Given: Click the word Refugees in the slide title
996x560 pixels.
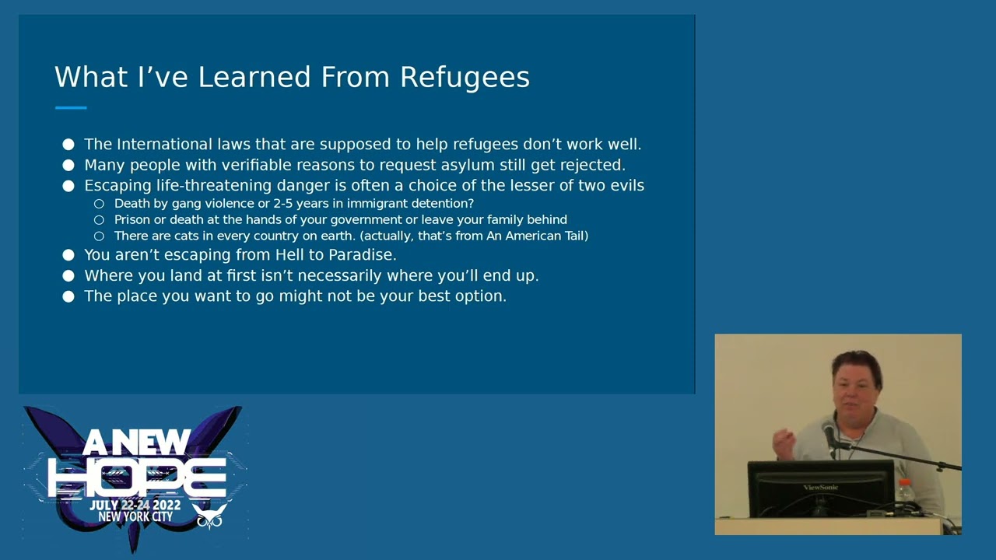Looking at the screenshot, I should (x=465, y=78).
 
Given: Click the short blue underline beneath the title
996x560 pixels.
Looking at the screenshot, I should (x=71, y=108).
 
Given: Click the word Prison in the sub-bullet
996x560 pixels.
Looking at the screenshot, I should (x=132, y=220).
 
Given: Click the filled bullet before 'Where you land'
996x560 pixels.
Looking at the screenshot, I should (x=68, y=276).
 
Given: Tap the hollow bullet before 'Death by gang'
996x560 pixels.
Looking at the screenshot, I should (x=99, y=204).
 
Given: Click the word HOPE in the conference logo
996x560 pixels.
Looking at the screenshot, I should (x=137, y=477).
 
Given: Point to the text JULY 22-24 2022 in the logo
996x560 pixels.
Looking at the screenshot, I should (x=135, y=506).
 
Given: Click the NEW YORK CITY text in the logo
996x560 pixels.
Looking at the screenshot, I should (x=135, y=517).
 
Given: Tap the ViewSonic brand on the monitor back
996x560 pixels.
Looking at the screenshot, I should (x=821, y=488).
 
